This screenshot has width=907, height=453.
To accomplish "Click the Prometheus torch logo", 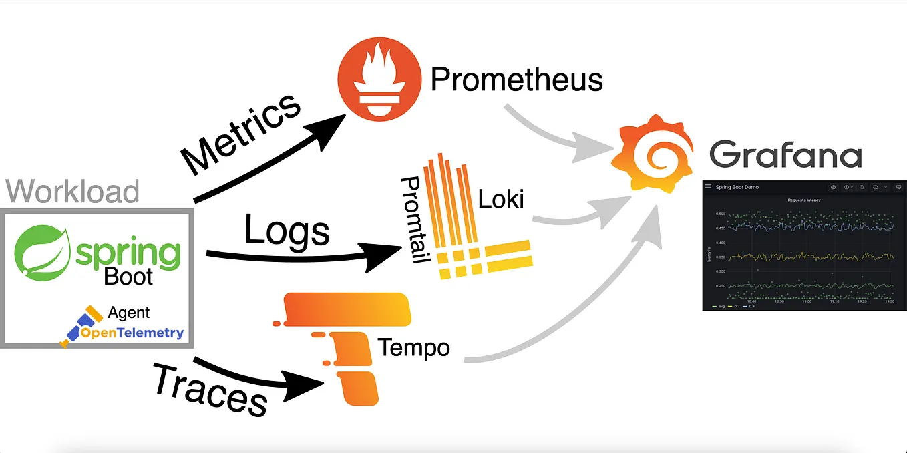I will click(379, 78).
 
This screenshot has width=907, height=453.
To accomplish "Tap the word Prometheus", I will click(517, 80).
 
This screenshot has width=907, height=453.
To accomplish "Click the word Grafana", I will click(785, 154).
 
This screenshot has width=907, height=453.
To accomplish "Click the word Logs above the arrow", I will click(287, 230).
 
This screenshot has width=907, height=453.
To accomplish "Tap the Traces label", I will click(210, 390).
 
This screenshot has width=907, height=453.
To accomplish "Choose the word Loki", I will click(501, 198).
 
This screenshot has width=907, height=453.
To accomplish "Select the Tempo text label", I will click(413, 347).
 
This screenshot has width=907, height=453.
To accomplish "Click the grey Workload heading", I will click(73, 191).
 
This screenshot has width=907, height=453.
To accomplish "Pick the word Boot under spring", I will click(128, 276).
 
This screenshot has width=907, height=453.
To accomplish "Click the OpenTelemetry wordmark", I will click(132, 333).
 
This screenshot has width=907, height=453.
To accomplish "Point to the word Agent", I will click(128, 312).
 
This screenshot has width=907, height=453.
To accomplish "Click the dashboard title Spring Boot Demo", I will click(737, 187).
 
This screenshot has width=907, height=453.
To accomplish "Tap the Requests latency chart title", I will click(803, 200).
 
